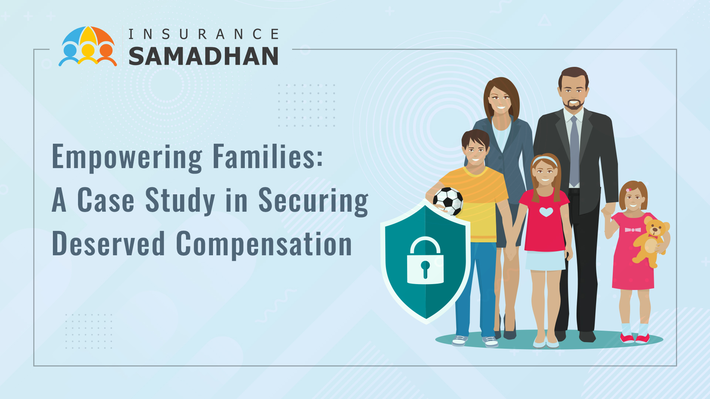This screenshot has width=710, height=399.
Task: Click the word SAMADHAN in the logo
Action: [203, 56]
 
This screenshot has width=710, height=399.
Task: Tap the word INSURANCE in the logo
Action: [203, 34]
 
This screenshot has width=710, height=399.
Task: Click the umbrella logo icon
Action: [88, 46]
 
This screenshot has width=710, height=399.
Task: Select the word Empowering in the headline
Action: [127, 157]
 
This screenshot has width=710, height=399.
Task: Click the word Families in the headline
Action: [268, 156]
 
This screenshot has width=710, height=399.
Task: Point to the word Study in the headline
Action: [180, 201]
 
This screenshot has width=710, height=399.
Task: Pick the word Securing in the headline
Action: [313, 201]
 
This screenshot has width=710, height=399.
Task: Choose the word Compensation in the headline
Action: [264, 245]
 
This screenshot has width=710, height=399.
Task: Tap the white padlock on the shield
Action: [425, 260]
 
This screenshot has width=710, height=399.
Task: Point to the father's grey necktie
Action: [574, 151]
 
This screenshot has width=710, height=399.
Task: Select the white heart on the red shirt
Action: [546, 212]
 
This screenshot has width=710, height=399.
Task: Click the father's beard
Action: [574, 104]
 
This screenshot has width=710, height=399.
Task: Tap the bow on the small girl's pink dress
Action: [633, 230]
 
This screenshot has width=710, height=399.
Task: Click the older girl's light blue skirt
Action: [545, 260]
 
